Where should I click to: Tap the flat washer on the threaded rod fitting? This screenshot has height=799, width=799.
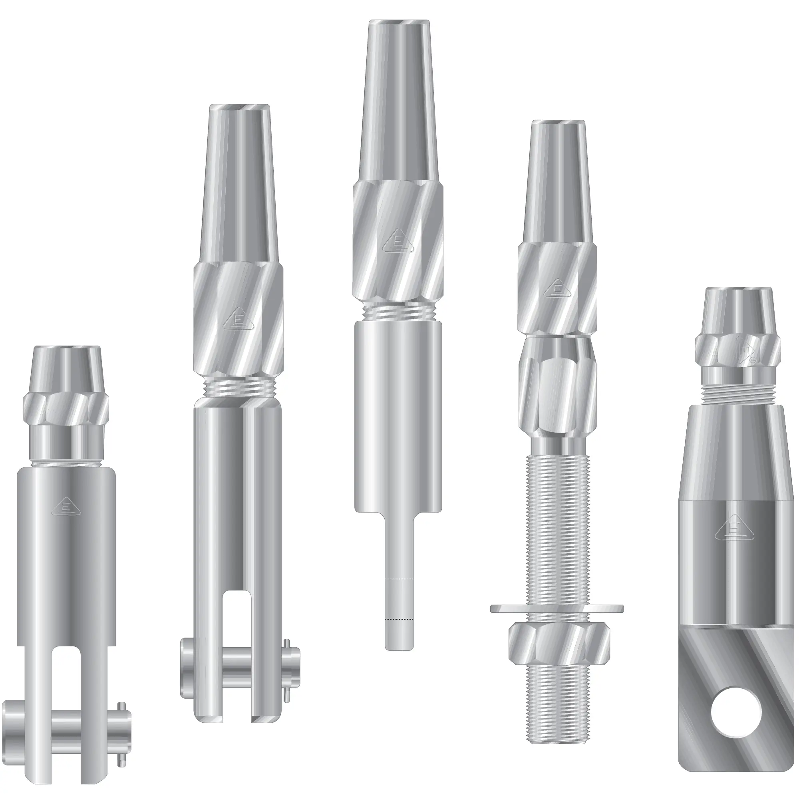coord(557,608)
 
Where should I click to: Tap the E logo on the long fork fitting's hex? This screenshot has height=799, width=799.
coord(238,320)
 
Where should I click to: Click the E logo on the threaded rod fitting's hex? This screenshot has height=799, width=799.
coord(557,286)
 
